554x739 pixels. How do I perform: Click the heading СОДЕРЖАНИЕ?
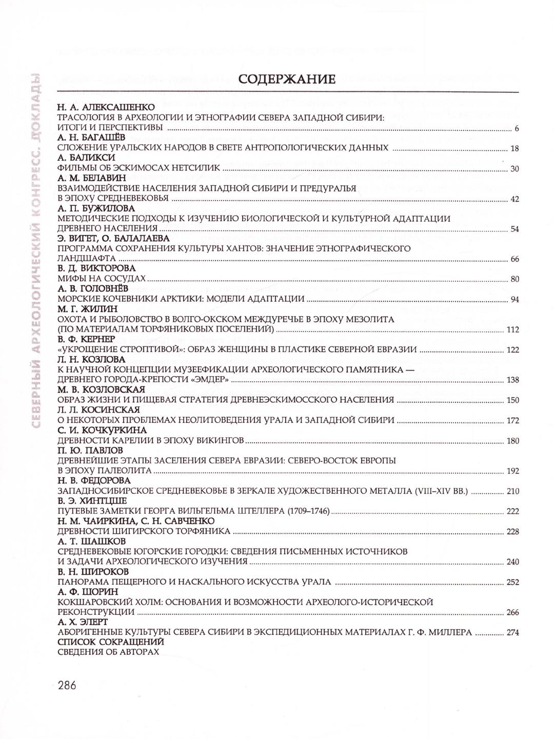(x=287, y=80)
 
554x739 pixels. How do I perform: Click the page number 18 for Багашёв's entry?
(x=515, y=149)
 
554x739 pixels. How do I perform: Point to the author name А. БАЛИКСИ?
(x=86, y=158)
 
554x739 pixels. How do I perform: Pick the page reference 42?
(x=515, y=199)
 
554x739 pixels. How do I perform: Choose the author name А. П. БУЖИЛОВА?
(x=96, y=208)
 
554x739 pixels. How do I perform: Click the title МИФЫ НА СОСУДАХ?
(x=102, y=279)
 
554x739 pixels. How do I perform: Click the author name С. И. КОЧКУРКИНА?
(x=102, y=430)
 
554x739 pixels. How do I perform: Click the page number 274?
(x=512, y=633)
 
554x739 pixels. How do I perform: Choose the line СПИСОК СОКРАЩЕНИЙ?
(x=111, y=642)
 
